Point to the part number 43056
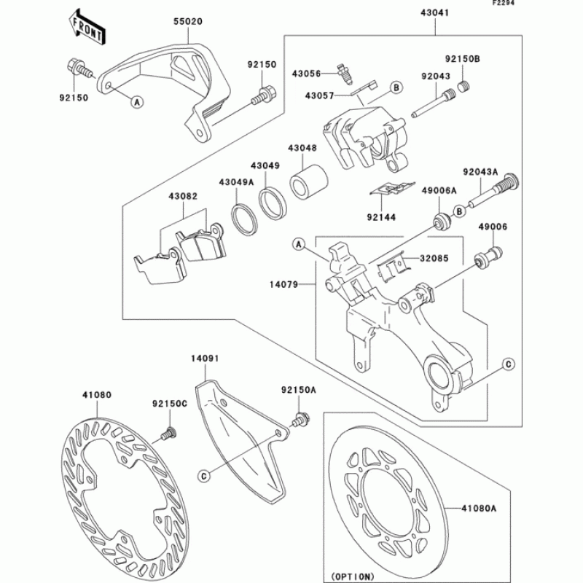tap(306, 73)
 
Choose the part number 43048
tap(302, 148)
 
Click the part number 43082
tap(184, 197)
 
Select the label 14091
tap(206, 359)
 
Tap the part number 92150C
tap(170, 402)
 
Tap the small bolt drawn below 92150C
tap(168, 433)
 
